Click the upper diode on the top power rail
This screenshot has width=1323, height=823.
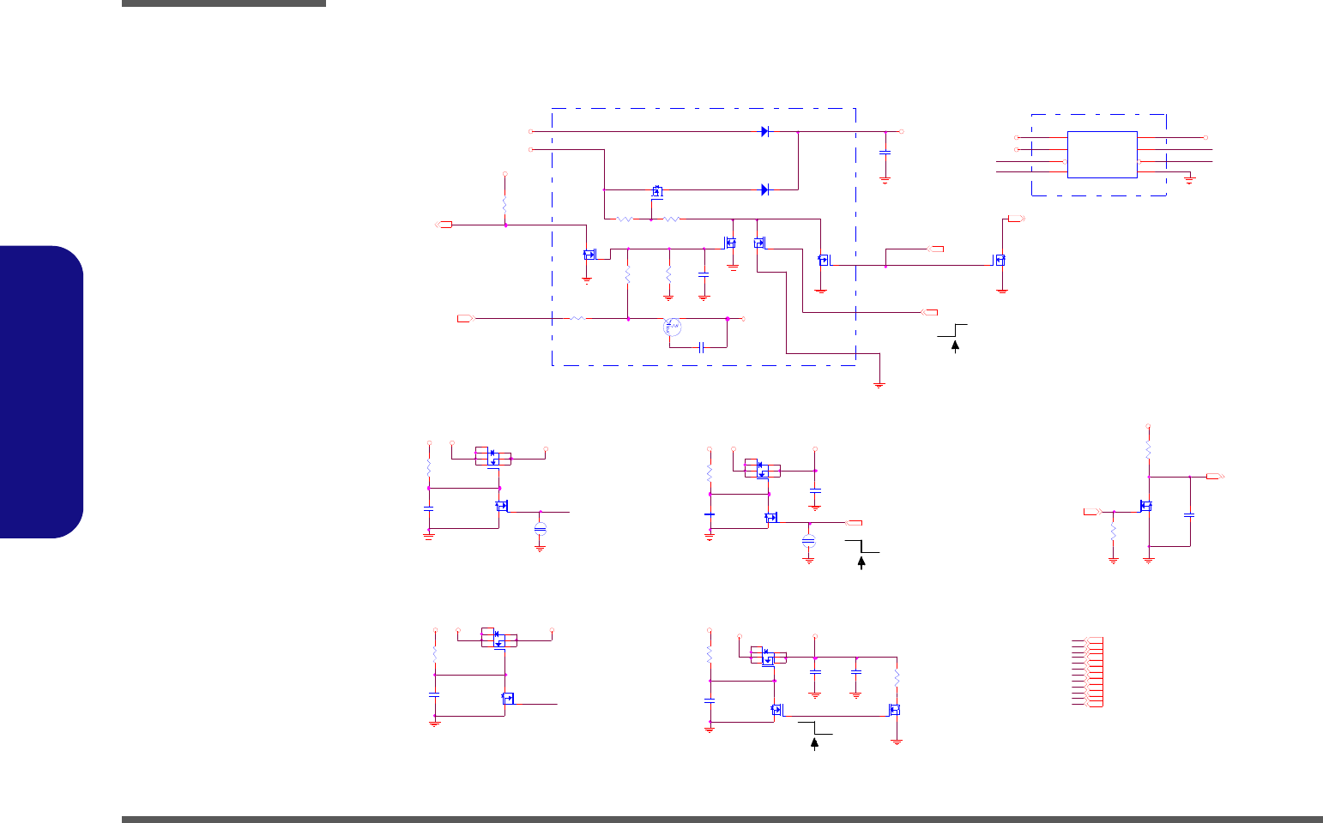coord(764,132)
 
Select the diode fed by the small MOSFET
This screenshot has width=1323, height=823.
coord(764,189)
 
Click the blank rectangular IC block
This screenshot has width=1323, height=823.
coord(1102,154)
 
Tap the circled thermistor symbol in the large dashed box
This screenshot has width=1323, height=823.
coord(672,327)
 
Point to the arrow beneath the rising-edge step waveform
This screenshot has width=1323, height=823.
coord(954,345)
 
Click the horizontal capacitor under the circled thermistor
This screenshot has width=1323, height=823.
coord(702,347)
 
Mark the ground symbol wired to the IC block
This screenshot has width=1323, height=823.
coord(1189,178)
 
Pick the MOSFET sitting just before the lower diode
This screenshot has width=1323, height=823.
coord(658,191)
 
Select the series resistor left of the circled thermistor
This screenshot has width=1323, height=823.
coord(577,318)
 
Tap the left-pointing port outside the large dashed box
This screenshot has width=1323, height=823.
coord(444,225)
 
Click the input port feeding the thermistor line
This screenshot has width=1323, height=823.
coord(465,318)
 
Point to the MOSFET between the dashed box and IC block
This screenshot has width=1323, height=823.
coord(1000,260)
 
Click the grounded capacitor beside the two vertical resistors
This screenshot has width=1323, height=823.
coord(704,275)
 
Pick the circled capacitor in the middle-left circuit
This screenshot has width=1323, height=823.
coord(540,528)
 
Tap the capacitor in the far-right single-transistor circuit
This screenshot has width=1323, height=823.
coord(1189,515)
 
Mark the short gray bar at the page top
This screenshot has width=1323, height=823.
coord(224,3)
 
